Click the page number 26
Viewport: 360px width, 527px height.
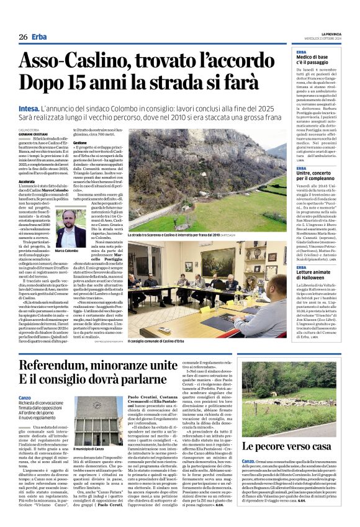(x=22, y=37)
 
